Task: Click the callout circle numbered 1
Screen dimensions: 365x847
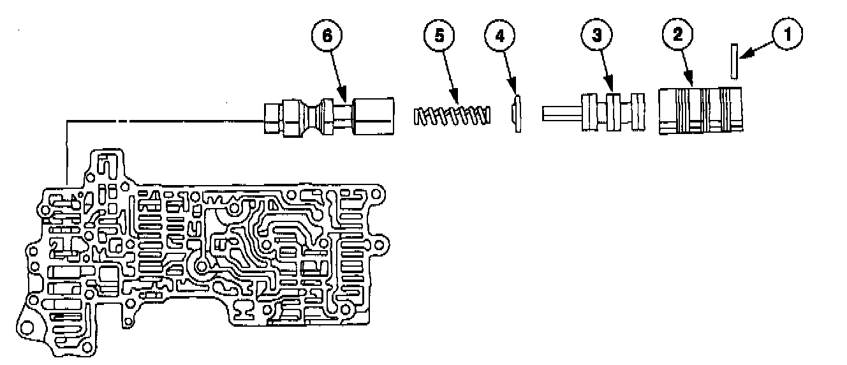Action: click(788, 34)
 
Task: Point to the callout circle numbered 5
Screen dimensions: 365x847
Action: click(439, 35)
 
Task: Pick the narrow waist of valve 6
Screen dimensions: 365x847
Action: click(314, 117)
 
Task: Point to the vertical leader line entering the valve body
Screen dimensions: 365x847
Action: click(66, 153)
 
